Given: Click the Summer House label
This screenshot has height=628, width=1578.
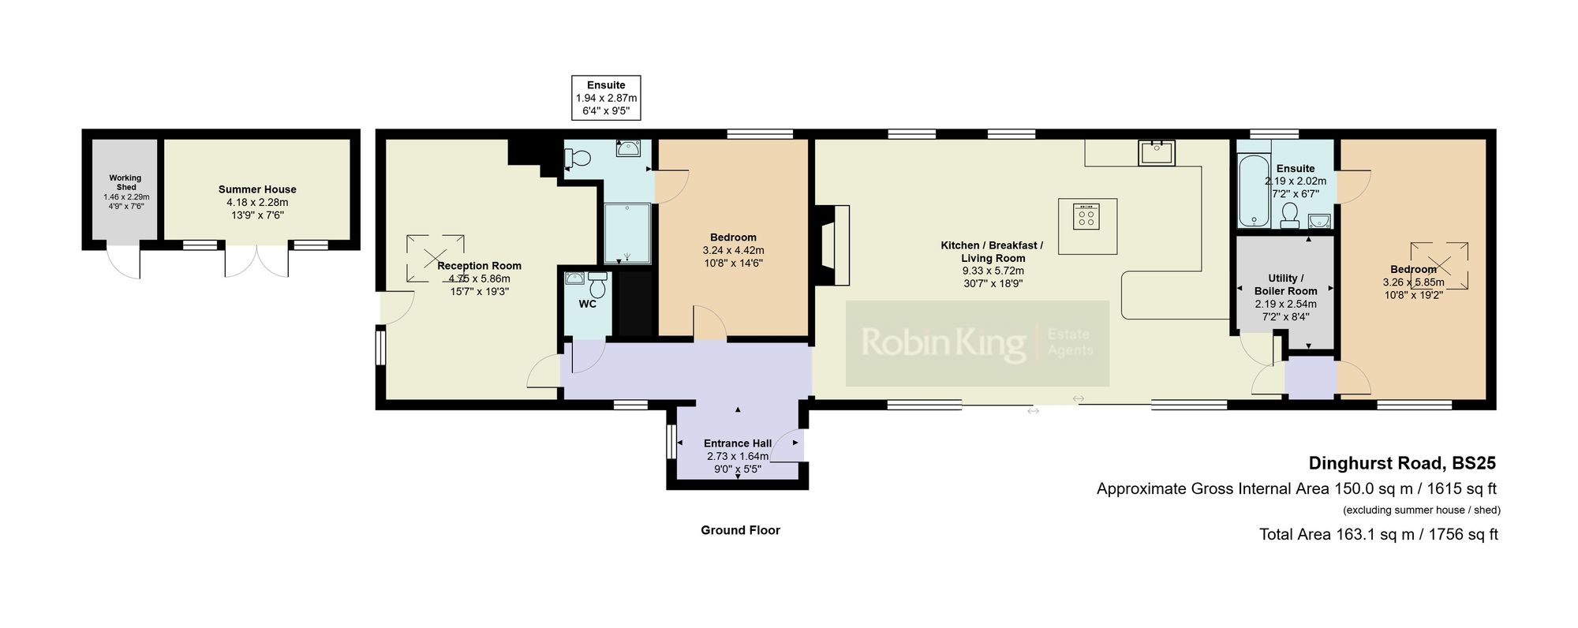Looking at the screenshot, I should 257,189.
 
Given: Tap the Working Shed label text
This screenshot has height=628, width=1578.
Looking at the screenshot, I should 125,182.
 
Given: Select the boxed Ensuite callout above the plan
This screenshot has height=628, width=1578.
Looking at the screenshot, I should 606,98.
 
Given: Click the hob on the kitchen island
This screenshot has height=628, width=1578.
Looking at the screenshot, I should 1086,215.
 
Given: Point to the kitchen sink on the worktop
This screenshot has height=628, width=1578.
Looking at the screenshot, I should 1157,152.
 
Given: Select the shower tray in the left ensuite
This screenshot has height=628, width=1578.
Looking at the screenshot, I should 627,234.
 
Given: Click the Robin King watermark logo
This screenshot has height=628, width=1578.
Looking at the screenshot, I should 977,343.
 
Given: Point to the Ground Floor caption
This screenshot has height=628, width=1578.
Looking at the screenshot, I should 740,530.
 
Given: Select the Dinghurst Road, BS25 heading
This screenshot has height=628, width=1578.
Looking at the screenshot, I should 1402,463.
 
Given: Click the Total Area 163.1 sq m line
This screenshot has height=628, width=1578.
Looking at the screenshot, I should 1378,534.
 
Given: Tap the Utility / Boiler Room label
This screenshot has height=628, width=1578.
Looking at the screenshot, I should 1285,284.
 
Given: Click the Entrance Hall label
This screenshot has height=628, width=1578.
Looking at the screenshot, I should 738,443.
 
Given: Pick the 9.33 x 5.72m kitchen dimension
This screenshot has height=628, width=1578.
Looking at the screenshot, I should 992,271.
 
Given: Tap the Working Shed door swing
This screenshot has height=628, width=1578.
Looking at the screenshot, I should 124,262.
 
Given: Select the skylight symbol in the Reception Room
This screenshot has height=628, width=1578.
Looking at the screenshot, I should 435,258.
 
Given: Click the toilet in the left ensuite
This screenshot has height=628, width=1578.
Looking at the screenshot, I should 579,159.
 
